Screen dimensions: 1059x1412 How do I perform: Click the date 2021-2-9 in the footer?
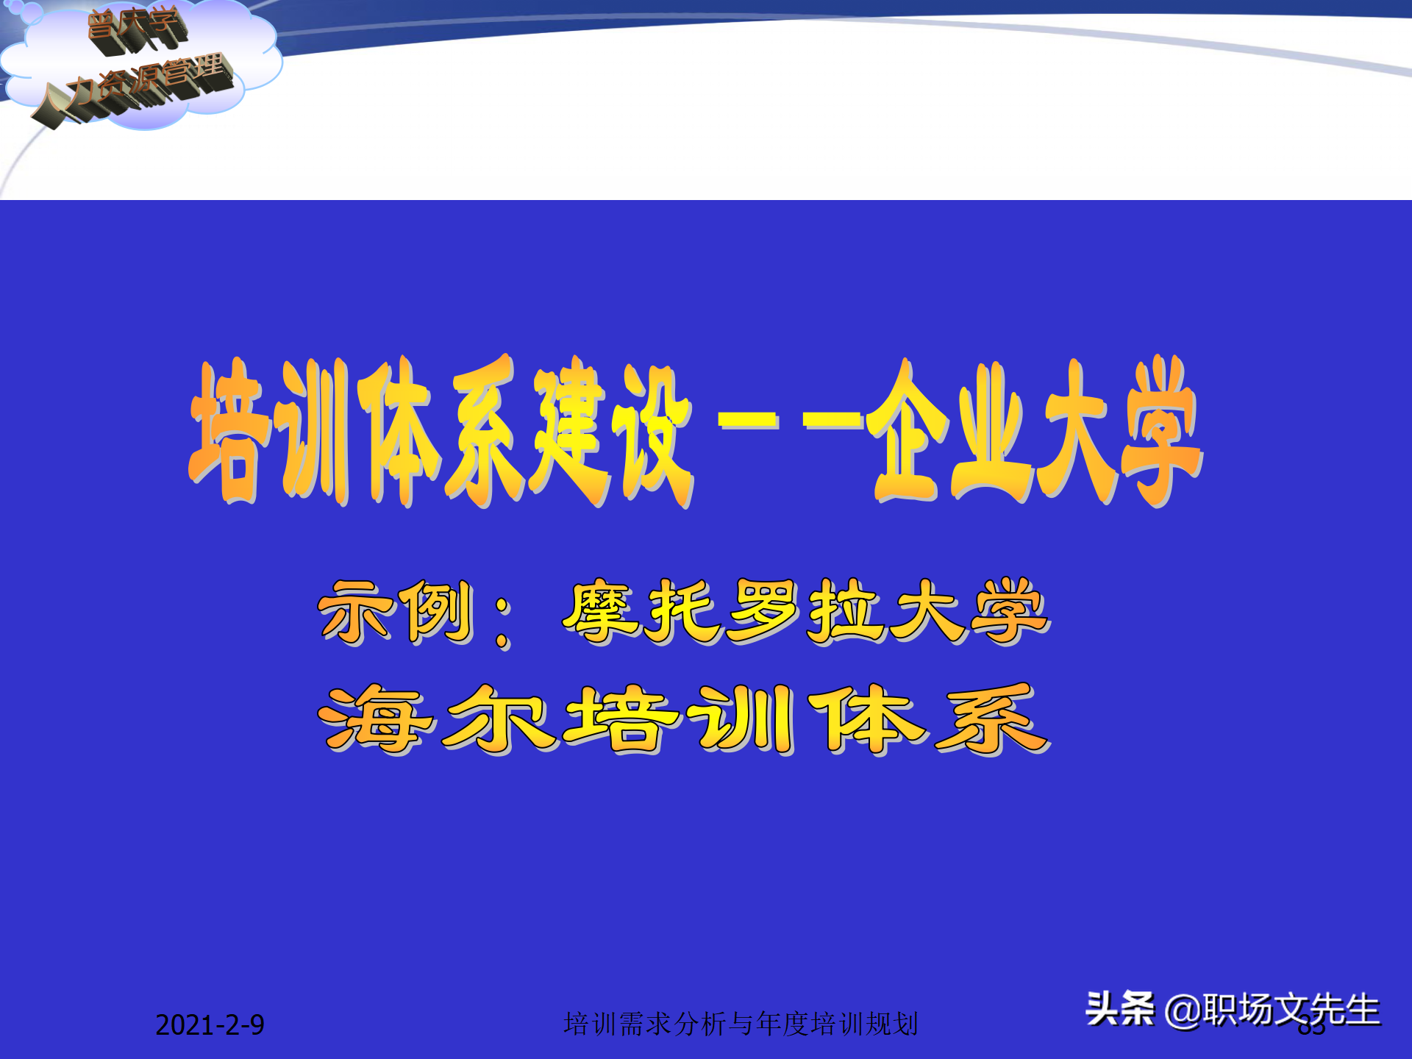(210, 1024)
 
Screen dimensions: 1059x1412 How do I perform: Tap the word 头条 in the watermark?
(1119, 1008)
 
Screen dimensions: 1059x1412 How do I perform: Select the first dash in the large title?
(747, 421)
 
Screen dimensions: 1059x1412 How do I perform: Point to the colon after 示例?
(503, 621)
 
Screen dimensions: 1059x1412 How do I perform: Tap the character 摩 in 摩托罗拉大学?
(603, 610)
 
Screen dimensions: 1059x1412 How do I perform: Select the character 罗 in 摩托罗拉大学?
(765, 610)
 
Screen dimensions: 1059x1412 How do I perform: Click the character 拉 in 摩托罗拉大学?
(846, 610)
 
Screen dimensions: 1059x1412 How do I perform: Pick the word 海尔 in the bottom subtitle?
(434, 719)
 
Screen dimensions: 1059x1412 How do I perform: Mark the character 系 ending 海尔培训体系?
(991, 719)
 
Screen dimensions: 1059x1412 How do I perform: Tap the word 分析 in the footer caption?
(699, 1024)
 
